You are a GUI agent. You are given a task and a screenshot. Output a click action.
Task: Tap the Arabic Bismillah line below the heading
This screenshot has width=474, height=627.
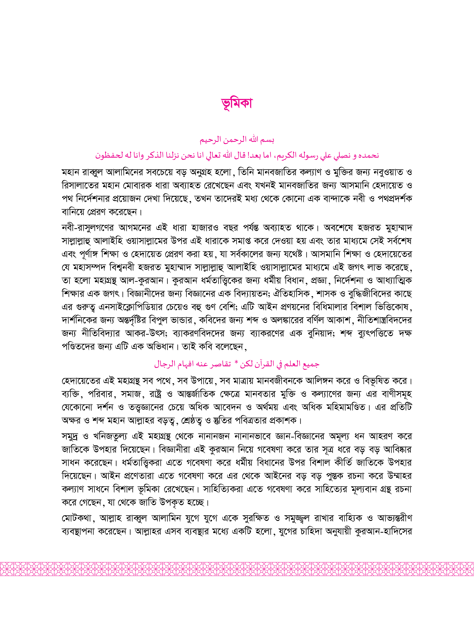(x=237, y=140)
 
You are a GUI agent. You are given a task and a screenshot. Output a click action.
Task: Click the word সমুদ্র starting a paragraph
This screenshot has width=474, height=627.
(x=70, y=436)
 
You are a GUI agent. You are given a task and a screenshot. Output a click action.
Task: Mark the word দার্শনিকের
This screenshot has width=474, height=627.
(x=78, y=320)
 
